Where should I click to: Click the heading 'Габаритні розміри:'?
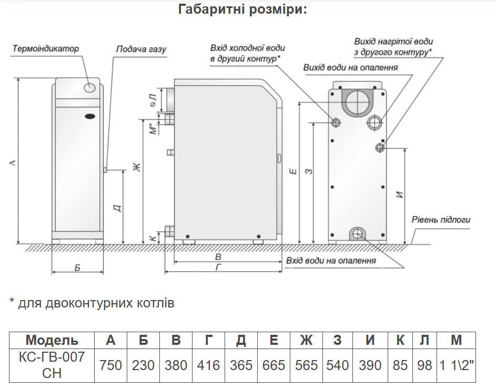click(x=242, y=9)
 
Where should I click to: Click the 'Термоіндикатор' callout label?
click(x=46, y=49)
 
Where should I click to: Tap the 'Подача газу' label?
click(x=141, y=49)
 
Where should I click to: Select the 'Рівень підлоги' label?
click(x=441, y=220)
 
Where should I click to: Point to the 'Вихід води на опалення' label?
click(x=350, y=67)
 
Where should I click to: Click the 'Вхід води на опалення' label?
click(x=331, y=261)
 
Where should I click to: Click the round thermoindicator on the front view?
click(x=90, y=87)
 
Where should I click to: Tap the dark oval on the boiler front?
click(x=90, y=116)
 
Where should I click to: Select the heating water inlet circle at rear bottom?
click(x=358, y=234)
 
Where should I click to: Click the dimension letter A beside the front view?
click(x=13, y=163)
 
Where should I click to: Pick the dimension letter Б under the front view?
click(x=77, y=268)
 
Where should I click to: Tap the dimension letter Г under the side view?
click(x=219, y=267)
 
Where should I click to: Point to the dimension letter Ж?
click(x=137, y=167)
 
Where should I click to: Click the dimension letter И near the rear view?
click(x=400, y=194)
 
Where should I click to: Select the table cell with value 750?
click(x=110, y=365)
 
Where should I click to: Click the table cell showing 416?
click(x=208, y=365)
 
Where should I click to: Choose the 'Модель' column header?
click(x=52, y=340)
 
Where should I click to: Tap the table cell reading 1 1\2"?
click(x=456, y=365)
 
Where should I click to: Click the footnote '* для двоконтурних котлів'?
click(x=92, y=303)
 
